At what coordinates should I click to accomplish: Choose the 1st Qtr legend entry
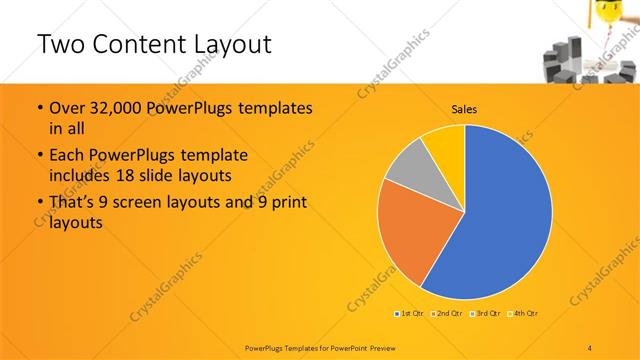(x=409, y=314)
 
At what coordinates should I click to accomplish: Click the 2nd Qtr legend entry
(x=446, y=314)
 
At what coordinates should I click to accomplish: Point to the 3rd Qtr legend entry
(x=484, y=314)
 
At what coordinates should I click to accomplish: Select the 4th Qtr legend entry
(x=522, y=314)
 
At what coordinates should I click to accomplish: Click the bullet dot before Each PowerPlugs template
(x=38, y=156)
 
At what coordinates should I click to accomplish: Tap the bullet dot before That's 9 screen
(x=38, y=203)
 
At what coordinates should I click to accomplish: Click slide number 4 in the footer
(x=590, y=346)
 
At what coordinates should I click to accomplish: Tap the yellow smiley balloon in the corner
(x=604, y=12)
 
